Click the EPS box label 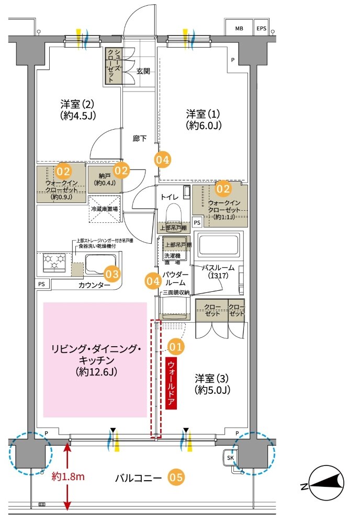261,28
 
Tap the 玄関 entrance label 143,71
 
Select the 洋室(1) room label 205,119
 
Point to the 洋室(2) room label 76,108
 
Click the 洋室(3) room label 212,383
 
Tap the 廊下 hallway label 140,139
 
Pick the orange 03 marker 112,273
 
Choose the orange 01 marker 177,346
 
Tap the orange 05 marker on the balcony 176,477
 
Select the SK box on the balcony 230,458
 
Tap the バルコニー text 138,477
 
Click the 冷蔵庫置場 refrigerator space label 104,208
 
